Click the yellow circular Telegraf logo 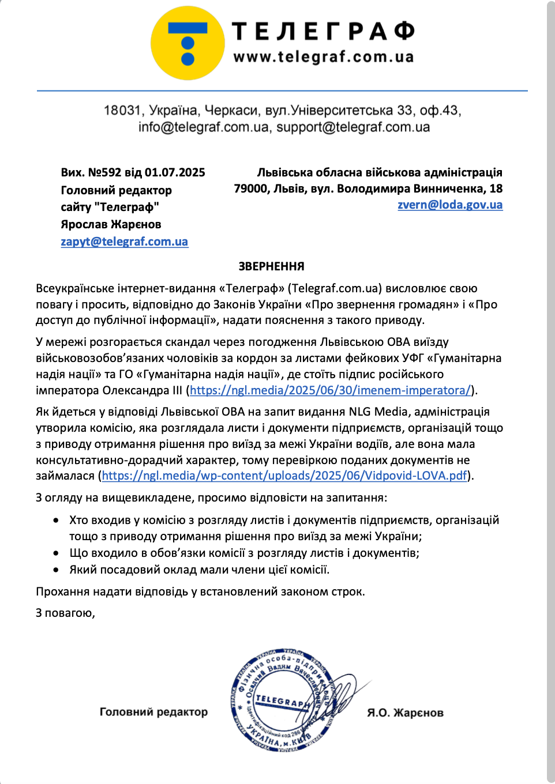(x=187, y=43)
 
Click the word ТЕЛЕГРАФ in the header (x=323, y=31)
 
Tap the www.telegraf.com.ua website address (x=323, y=56)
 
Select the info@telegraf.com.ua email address (x=204, y=127)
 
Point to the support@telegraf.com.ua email (x=353, y=127)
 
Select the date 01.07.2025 (x=175, y=172)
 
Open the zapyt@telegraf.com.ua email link (x=125, y=242)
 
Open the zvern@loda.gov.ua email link (x=450, y=205)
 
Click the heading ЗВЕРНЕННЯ (x=271, y=266)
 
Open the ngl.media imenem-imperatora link (x=330, y=390)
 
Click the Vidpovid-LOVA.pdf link (x=284, y=476)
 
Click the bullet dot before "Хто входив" (x=56, y=520)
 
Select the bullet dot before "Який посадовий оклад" (x=56, y=570)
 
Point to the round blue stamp (x=282, y=699)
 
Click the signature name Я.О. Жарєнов (x=405, y=713)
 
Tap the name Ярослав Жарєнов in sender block (x=111, y=224)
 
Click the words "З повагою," (x=65, y=613)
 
